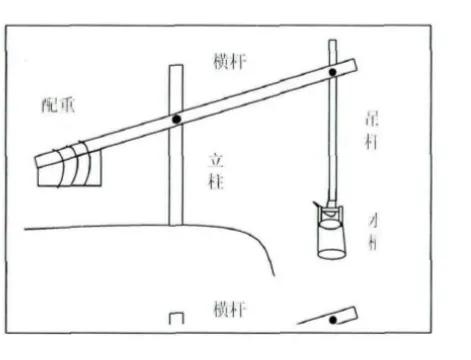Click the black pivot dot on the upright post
(x=177, y=119)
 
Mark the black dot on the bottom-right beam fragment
(x=329, y=320)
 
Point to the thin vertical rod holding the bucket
(x=332, y=140)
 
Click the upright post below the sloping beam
(x=177, y=180)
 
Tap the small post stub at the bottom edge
(x=177, y=318)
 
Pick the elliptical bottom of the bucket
(x=331, y=252)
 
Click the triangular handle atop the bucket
(x=331, y=210)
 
